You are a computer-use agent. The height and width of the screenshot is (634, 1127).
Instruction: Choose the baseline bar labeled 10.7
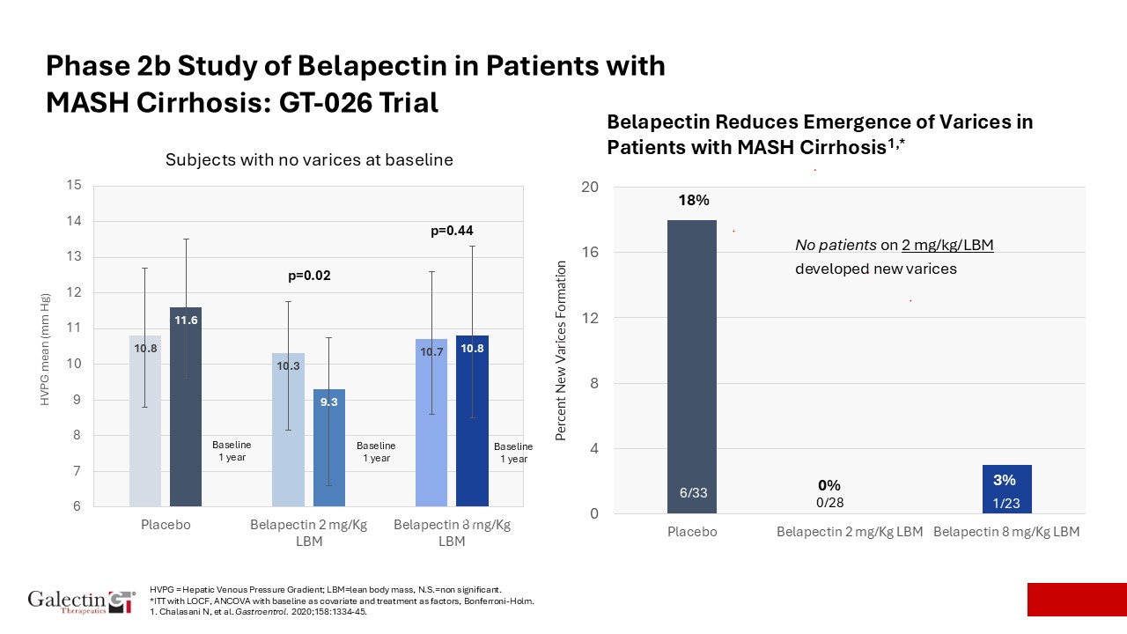[431, 423]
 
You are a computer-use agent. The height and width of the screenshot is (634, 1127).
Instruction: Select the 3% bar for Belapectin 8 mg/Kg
[1005, 490]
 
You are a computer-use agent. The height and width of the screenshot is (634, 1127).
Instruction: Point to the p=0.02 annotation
[309, 276]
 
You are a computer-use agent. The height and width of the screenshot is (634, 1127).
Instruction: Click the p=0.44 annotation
[452, 231]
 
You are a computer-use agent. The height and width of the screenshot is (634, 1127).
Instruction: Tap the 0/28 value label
[829, 502]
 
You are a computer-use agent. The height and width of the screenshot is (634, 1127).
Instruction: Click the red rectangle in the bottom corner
[1077, 599]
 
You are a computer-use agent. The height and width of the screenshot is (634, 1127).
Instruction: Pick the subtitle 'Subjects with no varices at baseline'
[309, 160]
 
